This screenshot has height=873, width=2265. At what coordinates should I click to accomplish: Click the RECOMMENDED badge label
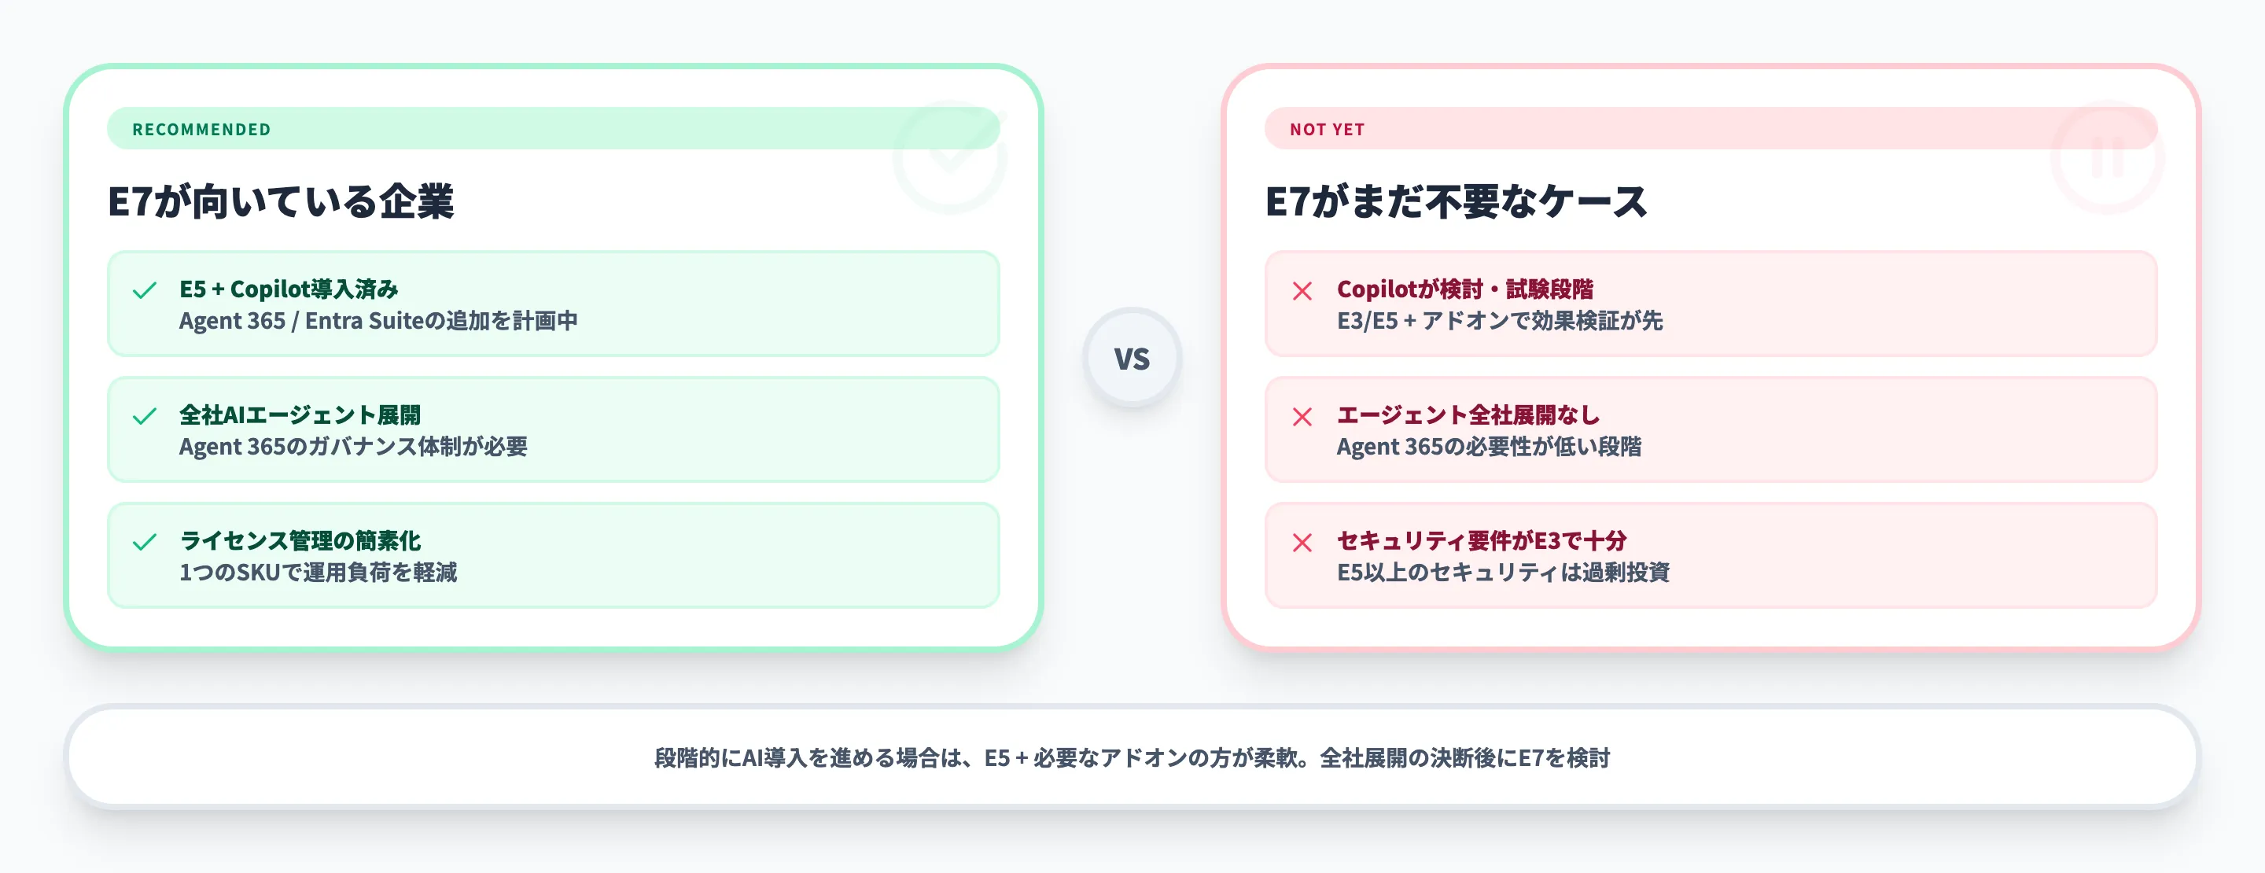(201, 129)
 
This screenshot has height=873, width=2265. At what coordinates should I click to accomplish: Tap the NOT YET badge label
(1326, 129)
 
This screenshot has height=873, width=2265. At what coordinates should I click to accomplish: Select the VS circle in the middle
(1132, 358)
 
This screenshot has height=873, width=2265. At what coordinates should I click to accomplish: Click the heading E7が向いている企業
(281, 201)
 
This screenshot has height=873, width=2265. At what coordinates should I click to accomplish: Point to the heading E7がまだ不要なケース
(1455, 201)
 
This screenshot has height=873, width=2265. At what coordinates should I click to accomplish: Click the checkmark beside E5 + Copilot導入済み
(144, 290)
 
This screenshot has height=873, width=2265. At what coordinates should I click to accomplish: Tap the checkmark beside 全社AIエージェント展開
(144, 416)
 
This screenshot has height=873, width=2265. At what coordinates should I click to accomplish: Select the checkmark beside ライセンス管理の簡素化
(144, 542)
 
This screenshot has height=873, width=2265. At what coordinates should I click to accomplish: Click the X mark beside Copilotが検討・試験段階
(1302, 290)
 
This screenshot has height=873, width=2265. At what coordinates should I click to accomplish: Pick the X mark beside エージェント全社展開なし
(1302, 416)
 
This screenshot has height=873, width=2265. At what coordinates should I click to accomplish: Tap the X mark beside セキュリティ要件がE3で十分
(1302, 542)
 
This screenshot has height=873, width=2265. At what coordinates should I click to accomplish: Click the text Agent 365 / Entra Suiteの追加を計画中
(378, 321)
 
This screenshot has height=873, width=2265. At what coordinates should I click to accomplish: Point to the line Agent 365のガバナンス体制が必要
(352, 447)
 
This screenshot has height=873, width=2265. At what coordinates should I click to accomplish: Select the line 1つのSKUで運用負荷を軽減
(318, 573)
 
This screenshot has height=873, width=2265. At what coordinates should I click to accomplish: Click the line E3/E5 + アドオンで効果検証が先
(1499, 321)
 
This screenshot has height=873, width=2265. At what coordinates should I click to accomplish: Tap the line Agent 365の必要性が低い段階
(1489, 447)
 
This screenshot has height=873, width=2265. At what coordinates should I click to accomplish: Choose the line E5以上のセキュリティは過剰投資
(1503, 573)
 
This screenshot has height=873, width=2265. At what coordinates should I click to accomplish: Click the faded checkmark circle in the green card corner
(949, 158)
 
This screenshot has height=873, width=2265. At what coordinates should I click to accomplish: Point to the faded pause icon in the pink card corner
(2107, 158)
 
